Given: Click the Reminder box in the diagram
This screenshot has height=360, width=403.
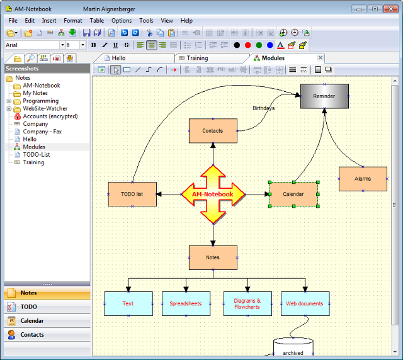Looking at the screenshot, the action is pos(324,96).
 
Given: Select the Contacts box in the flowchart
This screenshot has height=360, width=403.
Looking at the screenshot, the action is pos(213,131).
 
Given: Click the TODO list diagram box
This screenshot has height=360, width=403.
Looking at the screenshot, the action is pos(132,194).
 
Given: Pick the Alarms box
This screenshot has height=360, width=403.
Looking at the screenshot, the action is pos(363,179).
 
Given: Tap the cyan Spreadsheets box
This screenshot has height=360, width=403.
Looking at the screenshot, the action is pos(186,303).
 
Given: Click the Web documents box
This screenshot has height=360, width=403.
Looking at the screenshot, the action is pos(305,303).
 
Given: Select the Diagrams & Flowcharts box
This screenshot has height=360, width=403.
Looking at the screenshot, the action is pos(247,303).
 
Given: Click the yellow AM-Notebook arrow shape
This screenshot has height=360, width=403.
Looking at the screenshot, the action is pos(213,194).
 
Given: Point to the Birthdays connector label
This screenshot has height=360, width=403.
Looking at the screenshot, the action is pos(263,108).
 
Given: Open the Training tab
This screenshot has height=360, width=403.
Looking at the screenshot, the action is pos(197,58).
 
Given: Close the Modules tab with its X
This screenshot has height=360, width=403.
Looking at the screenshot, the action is pos(321,57).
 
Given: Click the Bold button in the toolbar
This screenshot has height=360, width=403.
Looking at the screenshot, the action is pos(94,45).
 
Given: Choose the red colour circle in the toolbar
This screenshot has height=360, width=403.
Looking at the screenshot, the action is pos(247,45).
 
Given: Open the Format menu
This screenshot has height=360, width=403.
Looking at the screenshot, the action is pos(73,21).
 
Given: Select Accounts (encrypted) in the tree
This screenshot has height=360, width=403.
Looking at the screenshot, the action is pos(50,116).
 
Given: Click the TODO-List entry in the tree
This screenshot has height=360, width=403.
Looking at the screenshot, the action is pos(37,154).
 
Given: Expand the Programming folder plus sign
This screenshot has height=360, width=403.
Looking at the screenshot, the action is pos(9,101).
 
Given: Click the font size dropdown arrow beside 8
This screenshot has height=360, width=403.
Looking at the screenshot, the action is pos(82,45).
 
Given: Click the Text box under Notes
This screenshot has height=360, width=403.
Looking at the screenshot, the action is pos(128,303).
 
